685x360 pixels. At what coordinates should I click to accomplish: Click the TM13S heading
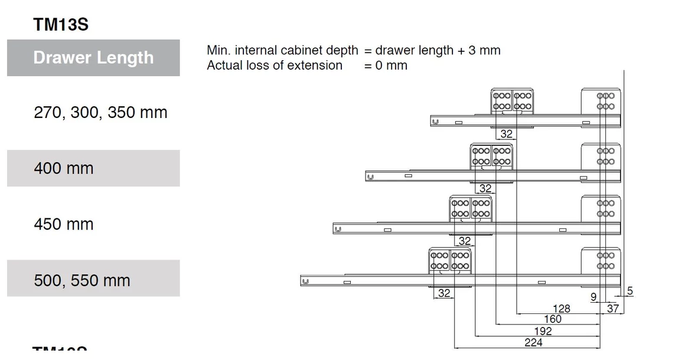(61, 25)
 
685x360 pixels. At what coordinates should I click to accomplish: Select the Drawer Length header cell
(93, 58)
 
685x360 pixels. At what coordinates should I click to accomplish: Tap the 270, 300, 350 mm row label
(100, 112)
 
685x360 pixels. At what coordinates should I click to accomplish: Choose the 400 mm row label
(63, 168)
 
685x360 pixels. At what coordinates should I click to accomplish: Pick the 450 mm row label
(63, 224)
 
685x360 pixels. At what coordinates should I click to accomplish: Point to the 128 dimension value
(561, 308)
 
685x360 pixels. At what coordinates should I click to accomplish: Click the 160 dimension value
(552, 319)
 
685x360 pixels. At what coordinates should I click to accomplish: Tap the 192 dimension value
(542, 331)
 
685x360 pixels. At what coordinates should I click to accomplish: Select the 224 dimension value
(533, 342)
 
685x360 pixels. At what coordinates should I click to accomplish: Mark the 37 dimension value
(612, 308)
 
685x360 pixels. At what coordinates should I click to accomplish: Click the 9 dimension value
(593, 297)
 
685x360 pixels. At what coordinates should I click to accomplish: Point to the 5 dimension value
(629, 291)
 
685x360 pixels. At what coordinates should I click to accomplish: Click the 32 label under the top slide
(506, 134)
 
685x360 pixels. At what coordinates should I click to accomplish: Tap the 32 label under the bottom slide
(443, 293)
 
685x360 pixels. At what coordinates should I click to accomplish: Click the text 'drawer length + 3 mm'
(438, 50)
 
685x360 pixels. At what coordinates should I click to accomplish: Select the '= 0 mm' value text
(386, 66)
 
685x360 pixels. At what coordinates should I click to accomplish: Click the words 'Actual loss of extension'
(274, 66)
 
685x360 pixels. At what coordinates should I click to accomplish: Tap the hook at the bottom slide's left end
(305, 282)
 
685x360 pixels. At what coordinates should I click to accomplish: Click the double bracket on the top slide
(513, 101)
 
